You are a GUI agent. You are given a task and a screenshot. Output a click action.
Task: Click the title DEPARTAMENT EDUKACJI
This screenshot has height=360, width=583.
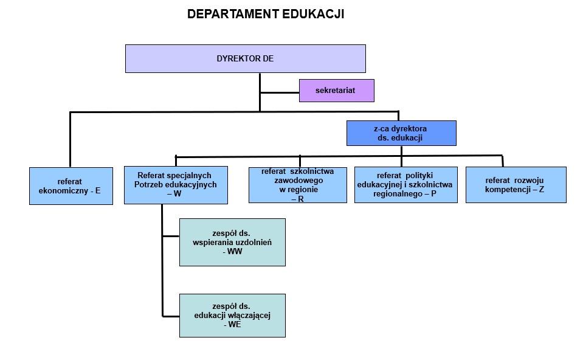coord(266,14)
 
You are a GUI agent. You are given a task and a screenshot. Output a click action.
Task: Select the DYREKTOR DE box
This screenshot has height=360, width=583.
coord(245,58)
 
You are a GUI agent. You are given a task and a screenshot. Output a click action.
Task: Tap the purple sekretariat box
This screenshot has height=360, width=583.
coord(336,91)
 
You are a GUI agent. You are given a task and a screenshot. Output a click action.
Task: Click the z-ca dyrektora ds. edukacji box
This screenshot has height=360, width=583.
coord(401,133)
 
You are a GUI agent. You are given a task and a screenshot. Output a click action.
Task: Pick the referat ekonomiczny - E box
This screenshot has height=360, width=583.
coord(71,185)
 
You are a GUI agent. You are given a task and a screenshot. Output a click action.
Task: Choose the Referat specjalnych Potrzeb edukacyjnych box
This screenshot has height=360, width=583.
coord(176,185)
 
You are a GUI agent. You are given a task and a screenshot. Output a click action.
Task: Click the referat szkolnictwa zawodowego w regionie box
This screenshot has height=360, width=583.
coord(297,184)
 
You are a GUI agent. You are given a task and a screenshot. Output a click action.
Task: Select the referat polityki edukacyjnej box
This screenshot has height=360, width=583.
coord(405,184)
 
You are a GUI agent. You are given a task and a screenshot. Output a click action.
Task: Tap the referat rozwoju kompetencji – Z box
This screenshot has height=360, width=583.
coord(516,184)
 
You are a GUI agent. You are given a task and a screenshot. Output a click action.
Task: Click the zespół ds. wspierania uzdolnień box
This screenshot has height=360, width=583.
coord(232,242)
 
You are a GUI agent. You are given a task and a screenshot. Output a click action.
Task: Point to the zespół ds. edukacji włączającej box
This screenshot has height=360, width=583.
coord(232,315)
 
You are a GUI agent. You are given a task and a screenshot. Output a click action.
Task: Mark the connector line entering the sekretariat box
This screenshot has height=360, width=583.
coord(279,92)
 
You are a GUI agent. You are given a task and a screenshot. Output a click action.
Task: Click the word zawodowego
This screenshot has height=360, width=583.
coord(297,180)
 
